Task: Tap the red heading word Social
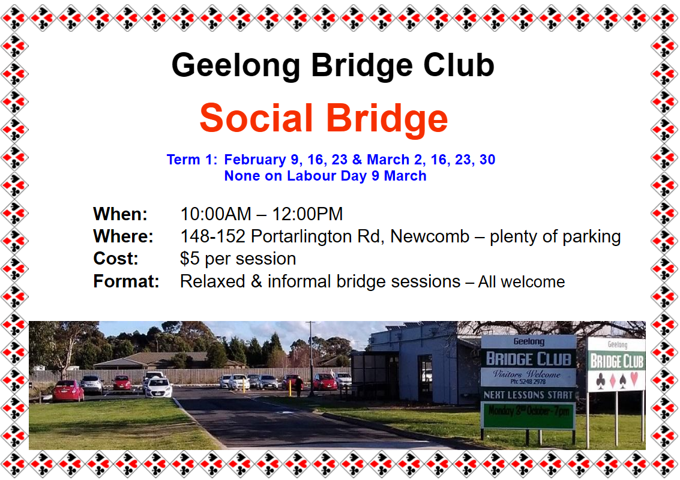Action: (x=256, y=118)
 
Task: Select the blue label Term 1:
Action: (x=192, y=160)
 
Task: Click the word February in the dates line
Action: (x=255, y=160)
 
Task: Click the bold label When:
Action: (x=121, y=214)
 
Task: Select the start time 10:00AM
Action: (x=215, y=214)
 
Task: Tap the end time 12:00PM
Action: (x=307, y=214)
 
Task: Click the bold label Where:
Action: (x=123, y=236)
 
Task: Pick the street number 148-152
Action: (x=213, y=236)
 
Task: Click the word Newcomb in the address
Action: (x=430, y=236)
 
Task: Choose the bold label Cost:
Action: (x=116, y=259)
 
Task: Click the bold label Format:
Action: (x=126, y=281)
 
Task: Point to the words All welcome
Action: (x=522, y=282)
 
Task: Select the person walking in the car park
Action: (x=299, y=386)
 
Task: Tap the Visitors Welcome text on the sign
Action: (x=526, y=374)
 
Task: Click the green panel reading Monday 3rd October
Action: (x=528, y=415)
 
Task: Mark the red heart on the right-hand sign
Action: (x=634, y=379)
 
